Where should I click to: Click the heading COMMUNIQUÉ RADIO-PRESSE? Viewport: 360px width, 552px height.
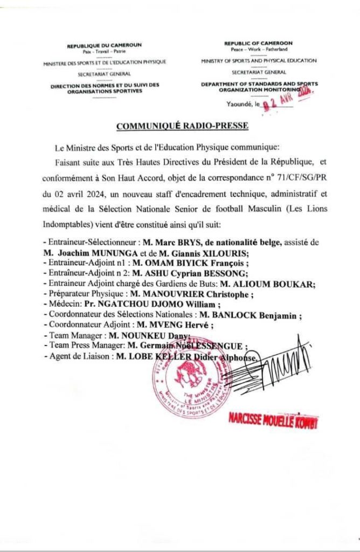pyautogui.click(x=182, y=126)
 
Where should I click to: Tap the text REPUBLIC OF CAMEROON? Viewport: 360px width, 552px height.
pyautogui.click(x=258, y=43)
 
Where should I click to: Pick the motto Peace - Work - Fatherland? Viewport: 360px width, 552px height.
pyautogui.click(x=258, y=49)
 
